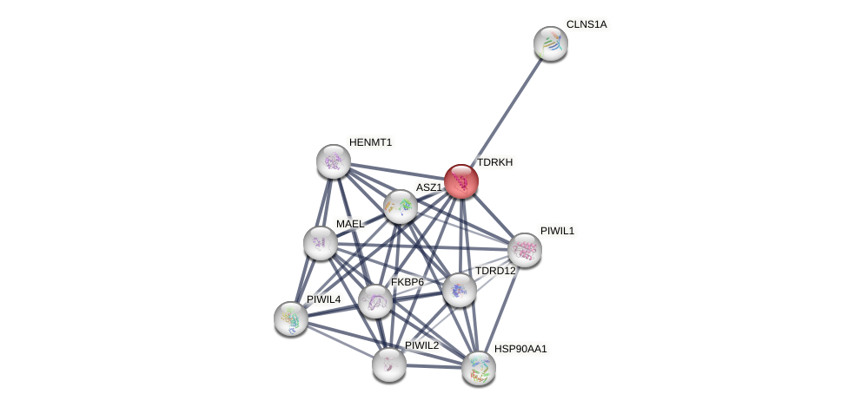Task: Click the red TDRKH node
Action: pyautogui.click(x=460, y=181)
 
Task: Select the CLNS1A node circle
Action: pyautogui.click(x=550, y=43)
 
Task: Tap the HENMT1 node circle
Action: pyautogui.click(x=333, y=161)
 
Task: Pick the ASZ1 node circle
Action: pyautogui.click(x=400, y=207)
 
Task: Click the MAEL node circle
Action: pyautogui.click(x=320, y=243)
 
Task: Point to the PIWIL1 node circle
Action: pyautogui.click(x=524, y=250)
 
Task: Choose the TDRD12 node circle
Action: pyautogui.click(x=459, y=290)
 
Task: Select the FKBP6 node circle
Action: pyautogui.click(x=374, y=301)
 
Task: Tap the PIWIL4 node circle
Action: pyautogui.click(x=290, y=318)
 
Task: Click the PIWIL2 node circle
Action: pyautogui.click(x=388, y=364)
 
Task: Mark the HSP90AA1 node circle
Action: pyautogui.click(x=478, y=368)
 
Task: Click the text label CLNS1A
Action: pyautogui.click(x=586, y=24)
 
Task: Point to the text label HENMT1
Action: pyautogui.click(x=371, y=142)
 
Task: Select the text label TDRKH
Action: pyautogui.click(x=494, y=162)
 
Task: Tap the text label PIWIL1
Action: pyautogui.click(x=557, y=231)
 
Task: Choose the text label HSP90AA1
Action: pyautogui.click(x=520, y=349)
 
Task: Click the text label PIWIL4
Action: pyautogui.click(x=323, y=299)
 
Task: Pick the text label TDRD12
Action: pyautogui.click(x=494, y=271)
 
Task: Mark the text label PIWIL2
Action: pyautogui.click(x=421, y=345)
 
